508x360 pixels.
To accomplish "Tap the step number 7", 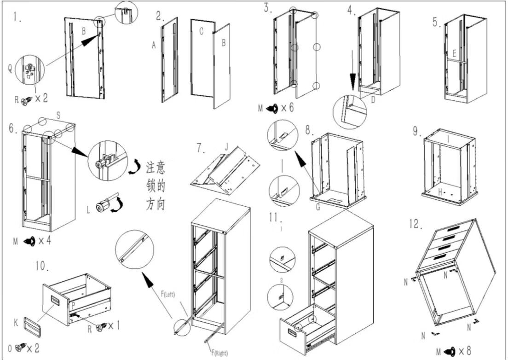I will click(x=200, y=148).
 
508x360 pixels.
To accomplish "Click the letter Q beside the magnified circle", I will click(x=10, y=69).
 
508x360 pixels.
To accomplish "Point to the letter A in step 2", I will click(x=154, y=45).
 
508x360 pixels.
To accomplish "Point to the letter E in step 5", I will click(x=454, y=52).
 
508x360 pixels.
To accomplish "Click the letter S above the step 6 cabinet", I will click(x=58, y=115).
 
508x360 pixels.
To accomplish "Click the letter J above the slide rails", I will click(x=226, y=147).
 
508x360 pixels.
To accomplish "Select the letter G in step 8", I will click(x=318, y=207).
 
